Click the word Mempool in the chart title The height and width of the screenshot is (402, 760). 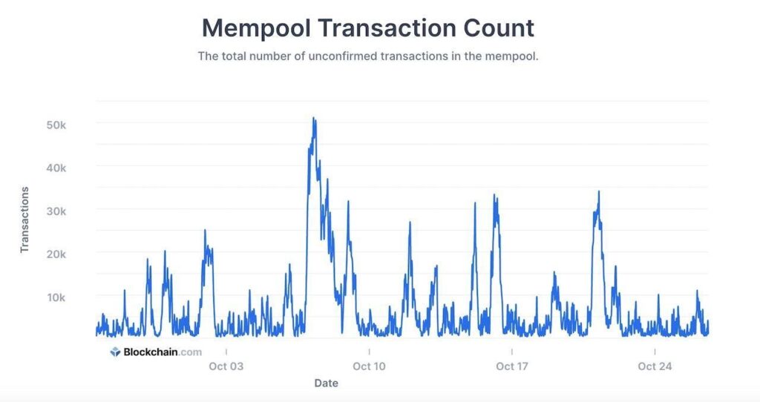click(x=255, y=28)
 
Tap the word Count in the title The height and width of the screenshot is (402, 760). click(x=497, y=28)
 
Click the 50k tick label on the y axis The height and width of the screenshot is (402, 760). click(x=56, y=125)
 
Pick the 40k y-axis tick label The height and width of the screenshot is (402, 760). click(x=56, y=168)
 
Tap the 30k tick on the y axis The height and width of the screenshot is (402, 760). click(x=56, y=211)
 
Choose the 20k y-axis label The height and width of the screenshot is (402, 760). click(x=56, y=254)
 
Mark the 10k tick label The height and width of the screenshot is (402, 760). click(x=56, y=297)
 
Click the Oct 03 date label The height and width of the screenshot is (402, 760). click(x=226, y=366)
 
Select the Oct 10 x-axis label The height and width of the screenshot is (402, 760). click(x=369, y=366)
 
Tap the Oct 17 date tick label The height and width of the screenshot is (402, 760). click(x=511, y=366)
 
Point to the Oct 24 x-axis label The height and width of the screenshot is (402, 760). click(x=655, y=366)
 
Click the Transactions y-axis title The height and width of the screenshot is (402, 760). click(x=24, y=220)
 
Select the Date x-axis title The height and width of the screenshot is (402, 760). click(x=326, y=383)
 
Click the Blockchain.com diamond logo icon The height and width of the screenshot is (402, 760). click(x=115, y=352)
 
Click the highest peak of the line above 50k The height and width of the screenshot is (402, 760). click(x=314, y=118)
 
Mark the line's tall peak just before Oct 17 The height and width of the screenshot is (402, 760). click(x=495, y=196)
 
